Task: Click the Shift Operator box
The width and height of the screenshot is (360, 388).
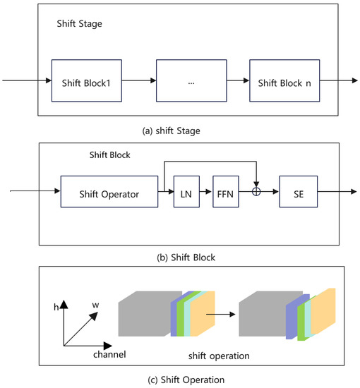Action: coord(109,192)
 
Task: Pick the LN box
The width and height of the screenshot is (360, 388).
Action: coord(186,192)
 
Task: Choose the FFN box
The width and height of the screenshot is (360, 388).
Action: coord(226,192)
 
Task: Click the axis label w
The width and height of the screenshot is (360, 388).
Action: coord(95,305)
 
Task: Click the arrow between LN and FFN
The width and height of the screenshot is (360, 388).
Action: coord(205,192)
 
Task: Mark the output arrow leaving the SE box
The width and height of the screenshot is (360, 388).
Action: coord(330,192)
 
